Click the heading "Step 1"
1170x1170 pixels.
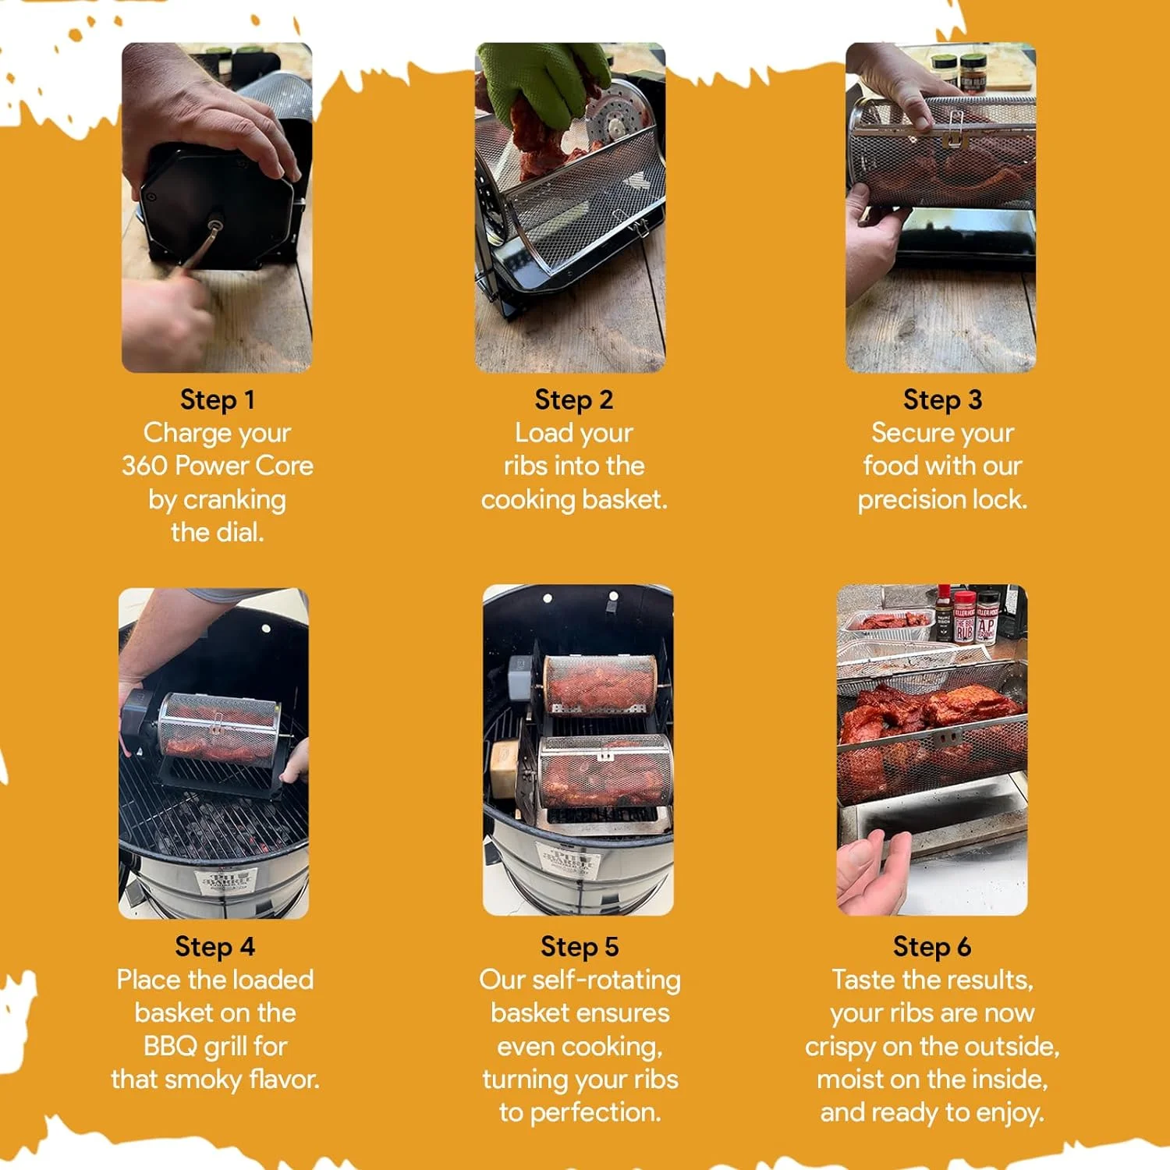coord(217,400)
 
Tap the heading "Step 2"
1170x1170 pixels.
coord(574,400)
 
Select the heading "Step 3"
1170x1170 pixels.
coord(942,400)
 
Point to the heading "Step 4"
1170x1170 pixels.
coord(214,947)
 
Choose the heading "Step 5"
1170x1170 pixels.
coord(580,947)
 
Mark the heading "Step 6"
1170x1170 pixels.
coord(932,947)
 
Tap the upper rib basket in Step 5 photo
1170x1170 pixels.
coord(600,684)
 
